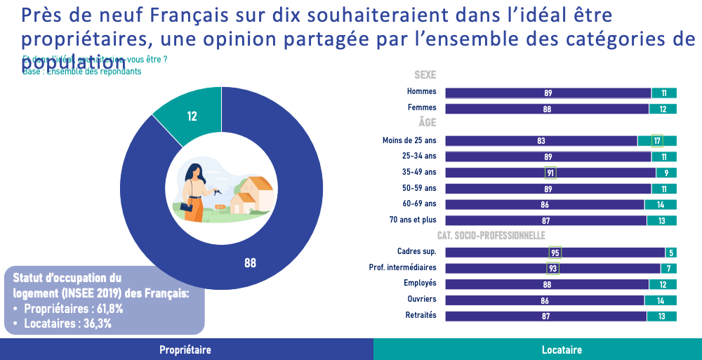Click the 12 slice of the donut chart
(x=192, y=116)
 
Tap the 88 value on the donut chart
(x=250, y=263)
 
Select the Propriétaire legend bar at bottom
(x=185, y=349)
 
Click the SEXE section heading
(x=425, y=75)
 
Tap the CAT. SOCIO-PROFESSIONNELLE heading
(x=491, y=236)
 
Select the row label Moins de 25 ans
(x=409, y=140)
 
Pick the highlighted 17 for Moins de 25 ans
(x=657, y=140)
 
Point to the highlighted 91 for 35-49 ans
(x=550, y=173)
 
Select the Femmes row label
(x=421, y=108)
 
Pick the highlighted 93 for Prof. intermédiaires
(x=552, y=268)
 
